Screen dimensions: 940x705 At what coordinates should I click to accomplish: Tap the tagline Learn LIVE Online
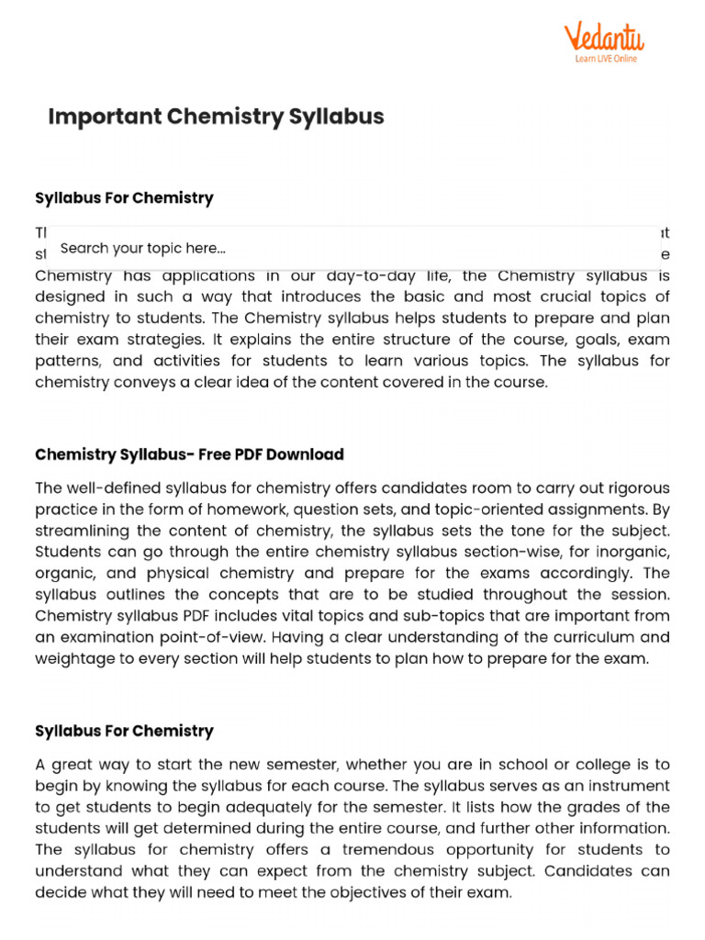coord(605,59)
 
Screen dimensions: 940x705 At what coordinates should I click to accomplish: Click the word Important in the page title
coord(100,117)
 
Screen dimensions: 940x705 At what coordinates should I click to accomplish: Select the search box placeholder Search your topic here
coord(143,248)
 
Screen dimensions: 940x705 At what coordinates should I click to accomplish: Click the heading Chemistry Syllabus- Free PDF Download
coord(189,454)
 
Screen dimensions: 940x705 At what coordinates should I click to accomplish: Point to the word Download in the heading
coord(309,454)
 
